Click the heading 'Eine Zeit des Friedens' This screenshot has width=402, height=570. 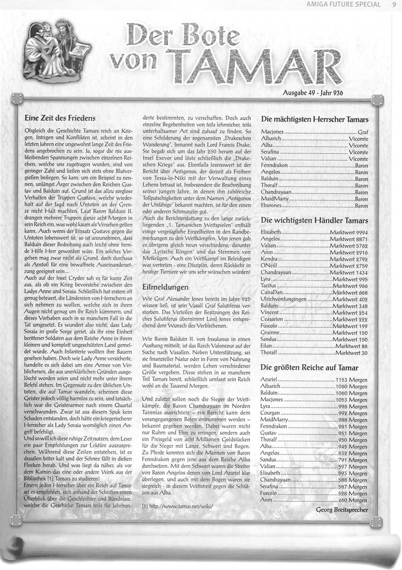click(60, 118)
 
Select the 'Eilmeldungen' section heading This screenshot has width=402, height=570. click(165, 287)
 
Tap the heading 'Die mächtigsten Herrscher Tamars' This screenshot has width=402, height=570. click(314, 120)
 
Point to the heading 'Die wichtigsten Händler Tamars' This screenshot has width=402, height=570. click(314, 220)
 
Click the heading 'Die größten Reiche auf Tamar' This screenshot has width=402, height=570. click(309, 367)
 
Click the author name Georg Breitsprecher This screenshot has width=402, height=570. click(342, 510)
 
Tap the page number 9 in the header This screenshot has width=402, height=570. click(394, 4)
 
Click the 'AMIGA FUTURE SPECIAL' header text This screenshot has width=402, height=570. click(343, 4)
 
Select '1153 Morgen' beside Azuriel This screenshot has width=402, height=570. click(351, 380)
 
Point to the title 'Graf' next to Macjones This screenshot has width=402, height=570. click(363, 132)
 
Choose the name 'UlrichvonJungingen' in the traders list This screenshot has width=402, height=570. click(283, 300)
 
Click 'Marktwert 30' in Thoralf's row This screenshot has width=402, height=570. click(351, 353)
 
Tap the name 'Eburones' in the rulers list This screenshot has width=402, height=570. click(271, 206)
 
